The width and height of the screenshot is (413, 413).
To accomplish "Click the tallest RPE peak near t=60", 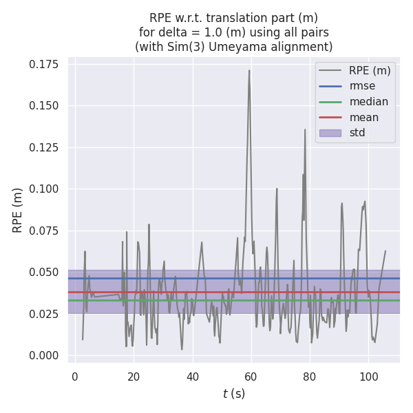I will click(x=249, y=70).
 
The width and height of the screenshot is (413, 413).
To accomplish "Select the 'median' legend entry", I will click(x=368, y=102).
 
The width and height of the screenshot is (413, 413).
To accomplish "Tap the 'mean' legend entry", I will click(x=364, y=117).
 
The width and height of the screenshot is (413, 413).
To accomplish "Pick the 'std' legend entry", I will click(x=357, y=133).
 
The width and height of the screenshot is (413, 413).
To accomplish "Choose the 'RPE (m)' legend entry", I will click(x=370, y=70).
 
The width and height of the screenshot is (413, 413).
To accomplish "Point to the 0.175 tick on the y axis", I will click(x=44, y=64).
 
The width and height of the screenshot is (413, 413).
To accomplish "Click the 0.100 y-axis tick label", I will click(x=44, y=189).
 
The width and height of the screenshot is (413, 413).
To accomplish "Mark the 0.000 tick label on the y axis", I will click(x=44, y=355).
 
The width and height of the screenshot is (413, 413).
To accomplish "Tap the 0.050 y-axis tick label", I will click(x=44, y=272).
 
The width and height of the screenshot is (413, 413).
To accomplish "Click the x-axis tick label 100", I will click(x=369, y=377).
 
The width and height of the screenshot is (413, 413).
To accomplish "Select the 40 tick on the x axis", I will click(x=193, y=377).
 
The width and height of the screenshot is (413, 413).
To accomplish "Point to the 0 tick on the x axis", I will click(x=75, y=377).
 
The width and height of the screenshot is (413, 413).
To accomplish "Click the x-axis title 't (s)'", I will click(x=234, y=394).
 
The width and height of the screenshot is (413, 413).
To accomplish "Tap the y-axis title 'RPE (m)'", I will click(x=18, y=210).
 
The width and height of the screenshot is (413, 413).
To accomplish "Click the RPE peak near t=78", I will click(x=305, y=129).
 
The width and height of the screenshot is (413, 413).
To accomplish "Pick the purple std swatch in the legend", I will click(x=330, y=133).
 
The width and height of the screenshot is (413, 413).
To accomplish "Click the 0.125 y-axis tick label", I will click(x=44, y=147).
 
